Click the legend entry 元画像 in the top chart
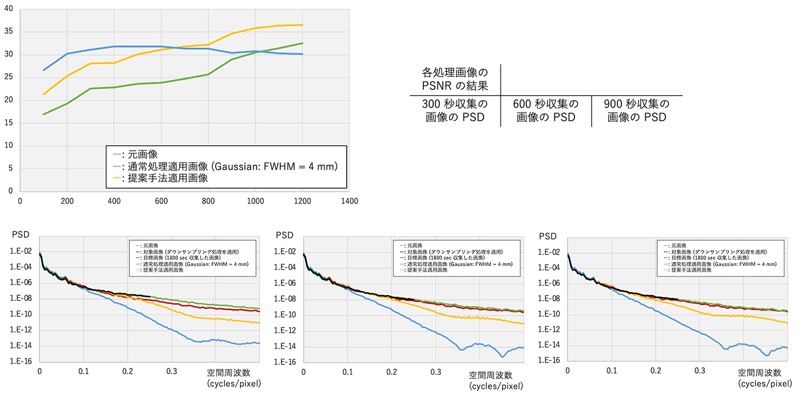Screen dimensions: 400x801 [x=143, y=154]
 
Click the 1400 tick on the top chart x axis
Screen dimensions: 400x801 [x=349, y=201]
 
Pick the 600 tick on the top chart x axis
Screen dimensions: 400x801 [x=161, y=201]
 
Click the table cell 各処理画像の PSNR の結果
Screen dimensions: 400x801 [x=455, y=80]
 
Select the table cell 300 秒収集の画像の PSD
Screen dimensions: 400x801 [x=455, y=111]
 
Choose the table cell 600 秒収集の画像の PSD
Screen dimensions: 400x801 [x=546, y=111]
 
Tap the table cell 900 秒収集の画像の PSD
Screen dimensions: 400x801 [x=636, y=111]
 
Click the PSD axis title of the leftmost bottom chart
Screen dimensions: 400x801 [x=21, y=236]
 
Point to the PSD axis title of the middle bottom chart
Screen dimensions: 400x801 [x=285, y=236]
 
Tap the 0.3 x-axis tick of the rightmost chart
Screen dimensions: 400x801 [x=700, y=371]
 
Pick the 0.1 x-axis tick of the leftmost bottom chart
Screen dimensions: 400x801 [x=84, y=371]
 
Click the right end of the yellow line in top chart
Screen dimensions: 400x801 [x=302, y=25]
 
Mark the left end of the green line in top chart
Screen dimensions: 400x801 [x=43, y=114]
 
